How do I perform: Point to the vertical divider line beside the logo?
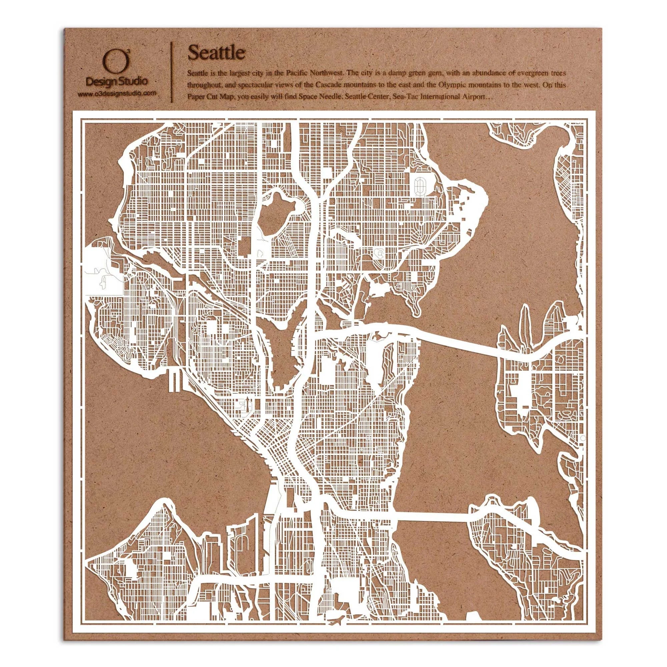(172, 72)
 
